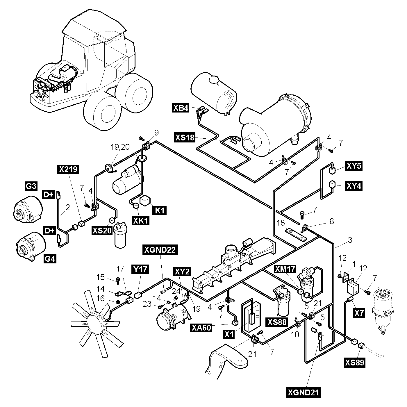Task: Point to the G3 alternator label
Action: pos(31,186)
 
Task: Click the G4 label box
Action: pos(50,258)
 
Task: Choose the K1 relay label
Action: pos(159,210)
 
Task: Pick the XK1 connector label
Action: pos(140,221)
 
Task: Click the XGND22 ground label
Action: pos(160,250)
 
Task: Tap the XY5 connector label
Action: pos(354,166)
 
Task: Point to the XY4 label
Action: pos(354,185)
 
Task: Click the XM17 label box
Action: pos(285,269)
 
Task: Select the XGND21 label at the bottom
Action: pos(303,393)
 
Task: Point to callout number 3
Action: pos(350,240)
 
